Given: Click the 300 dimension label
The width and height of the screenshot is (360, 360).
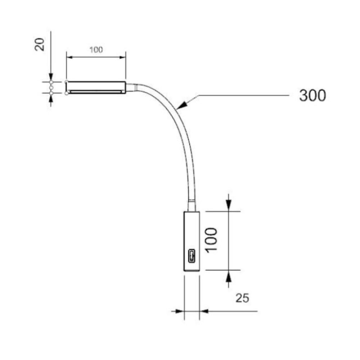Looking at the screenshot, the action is [312, 95].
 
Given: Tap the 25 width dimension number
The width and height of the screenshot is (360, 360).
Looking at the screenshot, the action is [242, 298].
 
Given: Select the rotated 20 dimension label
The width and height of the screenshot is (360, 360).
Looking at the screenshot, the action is [40, 44].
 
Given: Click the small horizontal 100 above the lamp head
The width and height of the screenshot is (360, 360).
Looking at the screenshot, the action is [96, 50].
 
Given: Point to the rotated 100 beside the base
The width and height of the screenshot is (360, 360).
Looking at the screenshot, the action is [211, 240].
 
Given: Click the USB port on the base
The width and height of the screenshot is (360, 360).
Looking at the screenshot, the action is [192, 256].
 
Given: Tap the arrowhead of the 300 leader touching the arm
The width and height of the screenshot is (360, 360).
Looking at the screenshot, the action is [183, 105].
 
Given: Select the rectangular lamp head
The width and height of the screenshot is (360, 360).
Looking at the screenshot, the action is [96, 87].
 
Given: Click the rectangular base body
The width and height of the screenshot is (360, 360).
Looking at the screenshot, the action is [192, 241].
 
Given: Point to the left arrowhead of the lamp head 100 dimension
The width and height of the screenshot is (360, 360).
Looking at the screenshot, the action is [70, 57].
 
